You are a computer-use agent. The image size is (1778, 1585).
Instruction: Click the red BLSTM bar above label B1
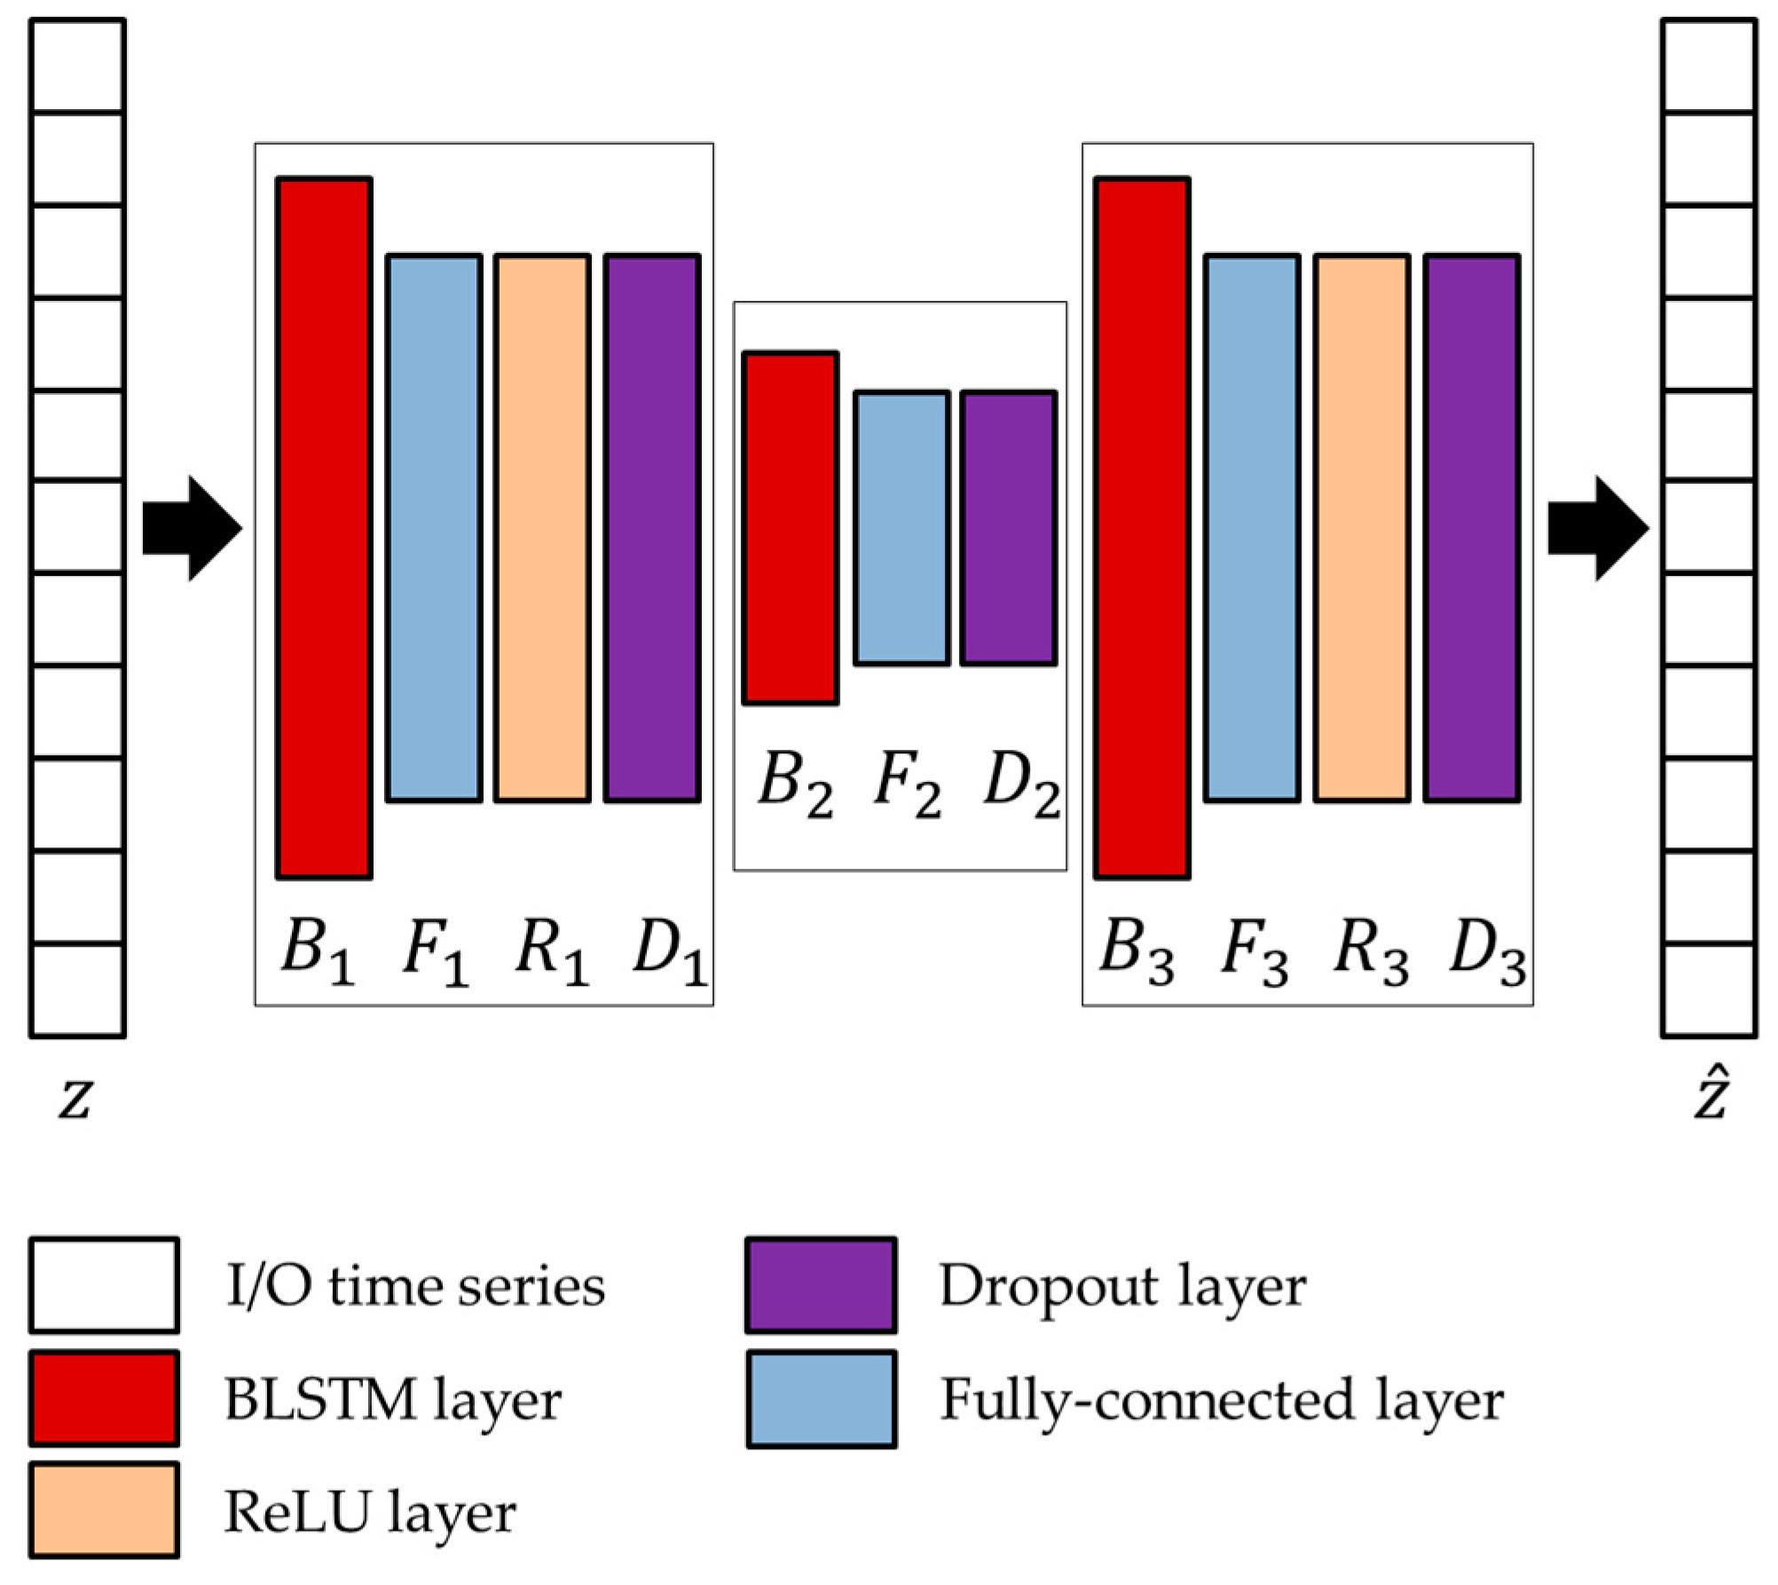point(324,528)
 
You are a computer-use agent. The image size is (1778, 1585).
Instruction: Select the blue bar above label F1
point(434,528)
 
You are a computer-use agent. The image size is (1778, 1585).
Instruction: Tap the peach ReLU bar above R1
point(542,528)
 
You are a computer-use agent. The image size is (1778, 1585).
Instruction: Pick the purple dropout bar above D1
point(652,528)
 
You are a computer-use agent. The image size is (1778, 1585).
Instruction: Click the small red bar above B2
point(791,528)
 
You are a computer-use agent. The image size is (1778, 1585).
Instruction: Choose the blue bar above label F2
point(901,528)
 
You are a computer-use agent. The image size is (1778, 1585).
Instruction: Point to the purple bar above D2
point(1009,528)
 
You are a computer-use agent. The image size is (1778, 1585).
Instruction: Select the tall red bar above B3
point(1142,528)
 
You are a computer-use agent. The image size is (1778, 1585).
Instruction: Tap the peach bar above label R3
point(1362,528)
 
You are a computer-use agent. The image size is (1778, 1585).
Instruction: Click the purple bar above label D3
point(1472,528)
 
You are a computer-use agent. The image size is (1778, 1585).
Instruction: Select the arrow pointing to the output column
point(1598,528)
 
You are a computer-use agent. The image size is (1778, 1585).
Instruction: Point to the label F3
point(1254,953)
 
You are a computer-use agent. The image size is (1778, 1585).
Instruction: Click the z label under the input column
point(75,1099)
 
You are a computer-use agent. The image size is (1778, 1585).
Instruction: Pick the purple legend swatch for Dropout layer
point(821,1285)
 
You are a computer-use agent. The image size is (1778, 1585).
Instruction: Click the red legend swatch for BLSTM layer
point(104,1399)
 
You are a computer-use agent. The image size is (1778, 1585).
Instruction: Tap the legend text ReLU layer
point(370,1512)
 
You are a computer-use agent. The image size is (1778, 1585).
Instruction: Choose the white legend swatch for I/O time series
point(104,1285)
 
